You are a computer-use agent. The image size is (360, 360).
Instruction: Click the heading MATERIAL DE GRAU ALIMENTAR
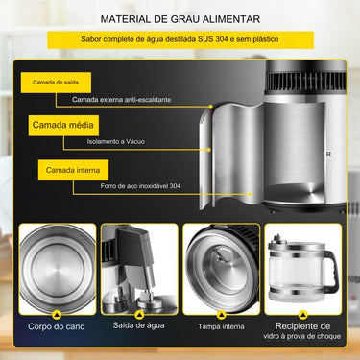[180, 18]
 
